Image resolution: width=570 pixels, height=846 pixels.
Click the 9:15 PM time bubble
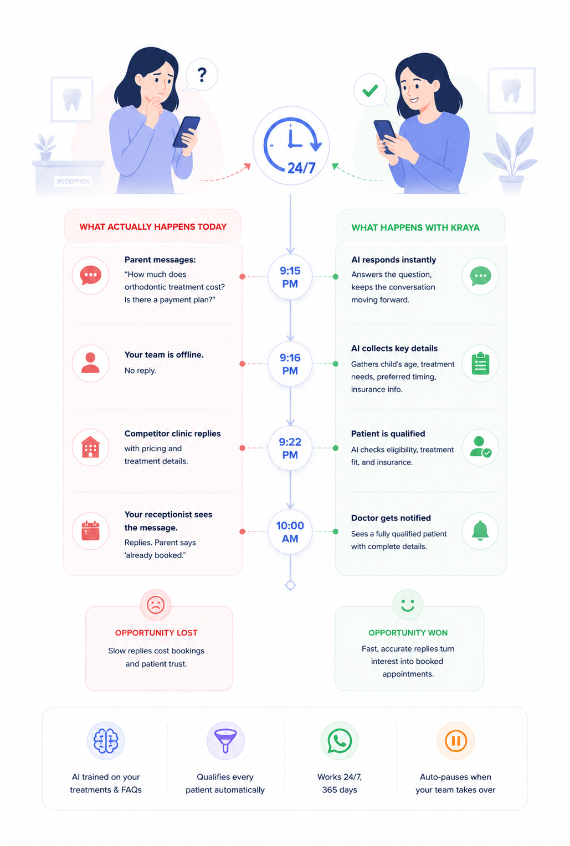290,277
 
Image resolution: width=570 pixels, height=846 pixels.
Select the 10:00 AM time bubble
290,532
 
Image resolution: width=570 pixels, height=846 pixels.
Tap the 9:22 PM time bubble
290,448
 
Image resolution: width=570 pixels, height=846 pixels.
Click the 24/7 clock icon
291,146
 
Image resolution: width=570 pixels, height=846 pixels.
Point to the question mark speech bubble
202,75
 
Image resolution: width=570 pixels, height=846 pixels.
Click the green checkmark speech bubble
370,90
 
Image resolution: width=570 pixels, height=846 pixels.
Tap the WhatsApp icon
340,741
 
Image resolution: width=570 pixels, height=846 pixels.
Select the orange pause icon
456,741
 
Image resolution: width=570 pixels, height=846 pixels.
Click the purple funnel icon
225,741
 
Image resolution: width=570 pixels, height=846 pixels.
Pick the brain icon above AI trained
106,741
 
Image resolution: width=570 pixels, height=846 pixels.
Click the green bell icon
480,530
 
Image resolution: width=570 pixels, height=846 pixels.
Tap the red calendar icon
91,530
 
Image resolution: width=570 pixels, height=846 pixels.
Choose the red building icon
91,447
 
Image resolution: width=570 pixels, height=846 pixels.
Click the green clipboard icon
480,364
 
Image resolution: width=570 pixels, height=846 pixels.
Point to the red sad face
156,605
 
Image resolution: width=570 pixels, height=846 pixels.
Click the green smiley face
408,605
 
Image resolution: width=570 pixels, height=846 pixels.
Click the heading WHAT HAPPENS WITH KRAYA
415,228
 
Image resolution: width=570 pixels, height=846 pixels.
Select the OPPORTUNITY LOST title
156,633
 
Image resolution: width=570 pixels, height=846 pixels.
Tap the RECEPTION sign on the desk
73,181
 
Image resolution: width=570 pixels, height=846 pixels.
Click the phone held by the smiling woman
384,137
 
